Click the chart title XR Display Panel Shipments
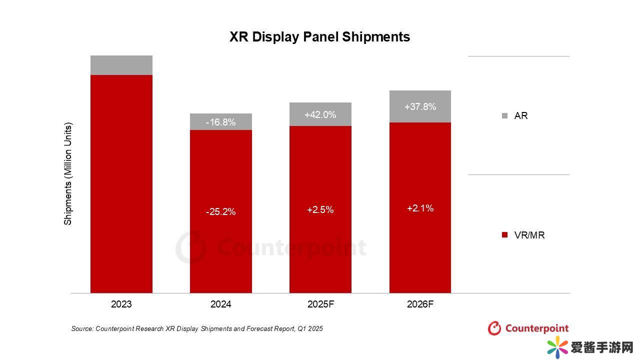[x=319, y=37]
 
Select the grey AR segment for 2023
[x=121, y=65]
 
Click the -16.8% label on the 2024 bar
[x=220, y=122]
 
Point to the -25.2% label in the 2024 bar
[x=220, y=212]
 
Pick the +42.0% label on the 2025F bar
[x=320, y=114]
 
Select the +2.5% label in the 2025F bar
[x=320, y=210]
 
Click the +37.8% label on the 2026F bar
[x=420, y=106]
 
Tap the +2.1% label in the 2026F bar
[x=420, y=208]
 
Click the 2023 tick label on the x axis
[x=121, y=304]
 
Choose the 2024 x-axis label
[x=220, y=304]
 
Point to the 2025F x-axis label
[x=320, y=304]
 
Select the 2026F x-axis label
[x=420, y=304]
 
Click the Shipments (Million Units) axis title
[x=68, y=173]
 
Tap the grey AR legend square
[x=504, y=116]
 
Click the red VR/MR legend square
[x=504, y=235]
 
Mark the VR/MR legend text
[x=529, y=235]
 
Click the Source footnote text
[x=197, y=328]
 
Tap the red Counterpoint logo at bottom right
[x=528, y=328]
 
